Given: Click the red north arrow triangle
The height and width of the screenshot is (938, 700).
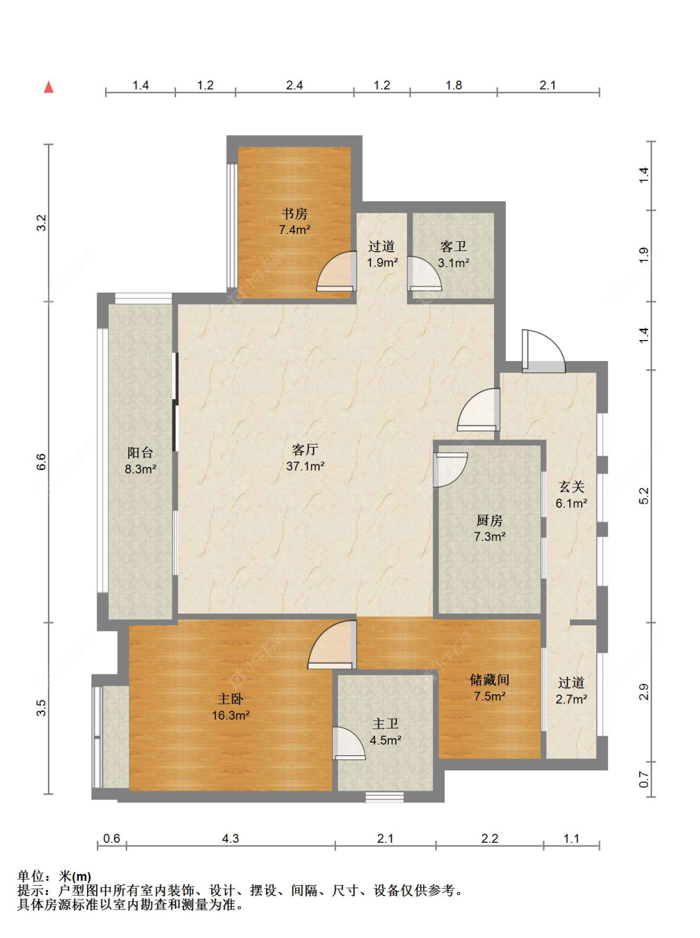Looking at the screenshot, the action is click(49, 87).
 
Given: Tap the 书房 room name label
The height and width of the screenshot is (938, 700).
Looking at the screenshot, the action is click(294, 214).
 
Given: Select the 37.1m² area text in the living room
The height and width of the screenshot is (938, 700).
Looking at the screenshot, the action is click(305, 466).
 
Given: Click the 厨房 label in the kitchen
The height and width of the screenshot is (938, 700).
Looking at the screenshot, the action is click(490, 520).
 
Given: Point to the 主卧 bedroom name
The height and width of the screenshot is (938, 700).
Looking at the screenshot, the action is click(230, 699).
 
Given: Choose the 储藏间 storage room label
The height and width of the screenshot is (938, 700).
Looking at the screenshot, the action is click(490, 679).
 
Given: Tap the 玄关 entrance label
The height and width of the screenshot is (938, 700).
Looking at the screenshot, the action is click(571, 487).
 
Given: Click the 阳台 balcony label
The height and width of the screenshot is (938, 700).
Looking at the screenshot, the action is click(140, 453).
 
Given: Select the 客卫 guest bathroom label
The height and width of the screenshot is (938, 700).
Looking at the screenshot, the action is click(453, 247).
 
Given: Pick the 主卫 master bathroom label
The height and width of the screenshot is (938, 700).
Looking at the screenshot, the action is click(385, 724).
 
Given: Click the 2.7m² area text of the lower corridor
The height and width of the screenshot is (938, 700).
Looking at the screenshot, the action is click(571, 699).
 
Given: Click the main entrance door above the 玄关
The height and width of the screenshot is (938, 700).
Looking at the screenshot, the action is click(543, 351).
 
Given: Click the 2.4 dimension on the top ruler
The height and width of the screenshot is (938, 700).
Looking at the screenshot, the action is click(294, 85).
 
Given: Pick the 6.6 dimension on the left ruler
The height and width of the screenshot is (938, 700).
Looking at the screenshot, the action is click(41, 461).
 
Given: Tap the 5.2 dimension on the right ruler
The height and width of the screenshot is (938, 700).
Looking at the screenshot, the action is click(644, 495).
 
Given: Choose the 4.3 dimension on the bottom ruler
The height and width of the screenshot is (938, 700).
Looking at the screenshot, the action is click(230, 838).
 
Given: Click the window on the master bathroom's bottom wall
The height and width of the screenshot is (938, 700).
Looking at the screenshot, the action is click(385, 796).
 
